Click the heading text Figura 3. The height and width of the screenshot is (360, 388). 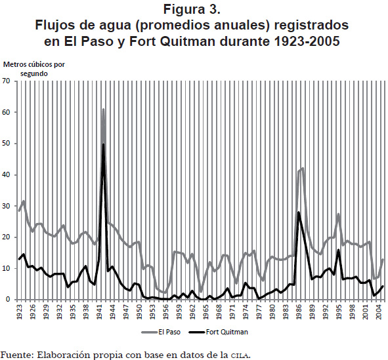point(192,9)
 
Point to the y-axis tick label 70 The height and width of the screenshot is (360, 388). point(6,81)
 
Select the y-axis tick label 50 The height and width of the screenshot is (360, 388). point(6,144)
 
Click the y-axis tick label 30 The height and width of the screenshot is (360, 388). point(6,206)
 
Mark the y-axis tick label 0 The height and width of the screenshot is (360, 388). point(8,300)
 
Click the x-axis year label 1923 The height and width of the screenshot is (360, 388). point(19,311)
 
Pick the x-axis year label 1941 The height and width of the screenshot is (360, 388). point(100,311)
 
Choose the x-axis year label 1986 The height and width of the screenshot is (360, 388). point(299,311)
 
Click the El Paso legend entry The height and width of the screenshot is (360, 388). point(161,332)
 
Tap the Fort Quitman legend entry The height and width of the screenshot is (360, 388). point(219,332)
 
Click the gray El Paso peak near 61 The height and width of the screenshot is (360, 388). point(103,110)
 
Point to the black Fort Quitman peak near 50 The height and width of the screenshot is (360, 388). point(104,144)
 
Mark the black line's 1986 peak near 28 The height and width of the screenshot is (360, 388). point(299,212)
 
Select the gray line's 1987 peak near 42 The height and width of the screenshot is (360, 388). point(303,169)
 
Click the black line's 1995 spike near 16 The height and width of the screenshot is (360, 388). point(339,250)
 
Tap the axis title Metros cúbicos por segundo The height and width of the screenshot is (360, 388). point(34,69)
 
